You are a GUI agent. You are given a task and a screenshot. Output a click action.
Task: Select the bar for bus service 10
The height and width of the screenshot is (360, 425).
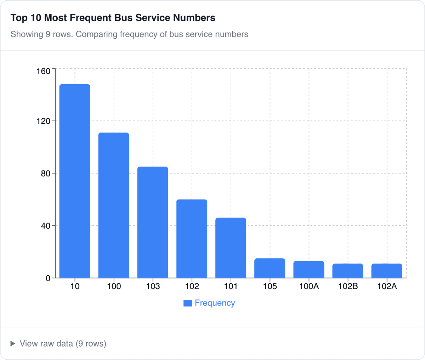[75, 181]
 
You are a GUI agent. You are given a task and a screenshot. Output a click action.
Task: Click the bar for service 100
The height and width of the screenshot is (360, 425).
[114, 205]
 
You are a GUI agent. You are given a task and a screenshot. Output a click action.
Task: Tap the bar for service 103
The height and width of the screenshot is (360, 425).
[153, 222]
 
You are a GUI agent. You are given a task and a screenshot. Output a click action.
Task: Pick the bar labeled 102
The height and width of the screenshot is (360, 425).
[192, 238]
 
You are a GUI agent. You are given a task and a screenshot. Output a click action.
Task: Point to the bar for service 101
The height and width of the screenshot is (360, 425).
[231, 248]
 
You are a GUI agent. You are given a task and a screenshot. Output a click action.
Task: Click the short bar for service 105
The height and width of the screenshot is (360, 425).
[270, 268]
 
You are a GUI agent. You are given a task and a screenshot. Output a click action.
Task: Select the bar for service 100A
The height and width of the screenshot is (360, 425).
[308, 269]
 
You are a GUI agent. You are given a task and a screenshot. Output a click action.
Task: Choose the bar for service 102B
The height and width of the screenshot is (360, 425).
[347, 271]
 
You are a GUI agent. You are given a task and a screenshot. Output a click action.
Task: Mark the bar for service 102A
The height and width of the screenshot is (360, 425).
[386, 271]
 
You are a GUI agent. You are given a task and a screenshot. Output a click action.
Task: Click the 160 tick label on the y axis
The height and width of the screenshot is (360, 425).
[44, 71]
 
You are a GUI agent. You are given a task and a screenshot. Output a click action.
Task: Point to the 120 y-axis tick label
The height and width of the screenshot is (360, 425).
[44, 121]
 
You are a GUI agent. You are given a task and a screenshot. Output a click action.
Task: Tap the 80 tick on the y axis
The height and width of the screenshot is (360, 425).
[46, 174]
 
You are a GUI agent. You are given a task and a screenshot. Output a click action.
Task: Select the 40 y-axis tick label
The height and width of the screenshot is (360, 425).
[46, 226]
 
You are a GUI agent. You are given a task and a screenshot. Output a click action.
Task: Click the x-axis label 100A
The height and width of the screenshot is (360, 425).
[308, 286]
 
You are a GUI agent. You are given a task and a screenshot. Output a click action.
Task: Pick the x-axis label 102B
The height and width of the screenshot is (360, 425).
[347, 286]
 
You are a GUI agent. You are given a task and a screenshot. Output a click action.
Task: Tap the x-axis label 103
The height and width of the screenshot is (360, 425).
[153, 286]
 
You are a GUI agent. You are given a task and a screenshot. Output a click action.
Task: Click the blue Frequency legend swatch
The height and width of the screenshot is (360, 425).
[188, 303]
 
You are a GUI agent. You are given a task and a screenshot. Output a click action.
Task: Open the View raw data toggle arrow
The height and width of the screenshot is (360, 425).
[13, 343]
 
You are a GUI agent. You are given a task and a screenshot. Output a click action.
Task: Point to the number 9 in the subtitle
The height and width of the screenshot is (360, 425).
[48, 34]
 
